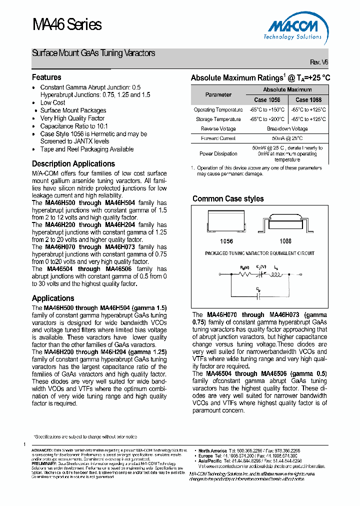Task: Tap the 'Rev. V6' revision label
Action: pos(319,62)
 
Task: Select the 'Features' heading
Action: pos(46,77)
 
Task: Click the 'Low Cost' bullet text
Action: pos(52,102)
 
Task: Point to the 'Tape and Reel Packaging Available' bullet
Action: pos(86,149)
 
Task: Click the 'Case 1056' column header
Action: pos(267,99)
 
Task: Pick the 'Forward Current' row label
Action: pos(218,138)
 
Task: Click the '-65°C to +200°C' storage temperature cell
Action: pos(267,119)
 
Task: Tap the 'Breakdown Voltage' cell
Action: pos(287,128)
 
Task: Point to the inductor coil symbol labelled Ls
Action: pos(277,274)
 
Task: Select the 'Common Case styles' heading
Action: pos(228,198)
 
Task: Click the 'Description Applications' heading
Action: pos(73,163)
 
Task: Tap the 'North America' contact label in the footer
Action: pos(212,450)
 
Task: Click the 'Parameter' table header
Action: pos(218,94)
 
